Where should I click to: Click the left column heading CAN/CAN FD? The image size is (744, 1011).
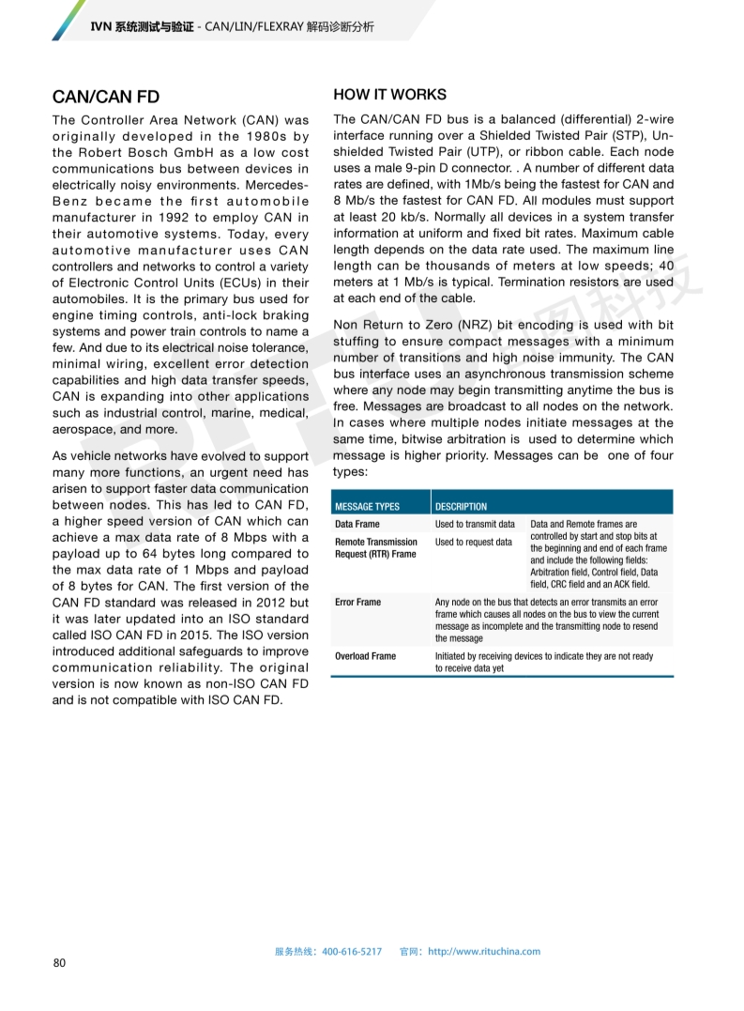pyautogui.click(x=106, y=97)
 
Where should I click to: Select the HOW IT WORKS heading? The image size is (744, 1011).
pyautogui.click(x=390, y=95)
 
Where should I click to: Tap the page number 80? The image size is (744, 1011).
pyautogui.click(x=59, y=963)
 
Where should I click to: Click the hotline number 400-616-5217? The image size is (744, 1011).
pyautogui.click(x=352, y=951)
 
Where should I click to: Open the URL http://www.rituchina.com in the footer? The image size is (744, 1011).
pyautogui.click(x=484, y=951)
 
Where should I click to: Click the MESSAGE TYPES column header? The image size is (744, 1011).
pyautogui.click(x=367, y=506)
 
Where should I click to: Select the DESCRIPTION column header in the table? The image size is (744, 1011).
pyautogui.click(x=461, y=506)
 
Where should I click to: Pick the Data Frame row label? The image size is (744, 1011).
pyautogui.click(x=357, y=524)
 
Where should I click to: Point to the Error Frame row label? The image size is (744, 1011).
pyautogui.click(x=357, y=602)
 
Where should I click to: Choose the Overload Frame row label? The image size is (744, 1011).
pyautogui.click(x=365, y=656)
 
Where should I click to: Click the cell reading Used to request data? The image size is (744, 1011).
pyautogui.click(x=474, y=542)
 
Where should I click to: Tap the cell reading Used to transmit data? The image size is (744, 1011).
pyautogui.click(x=475, y=524)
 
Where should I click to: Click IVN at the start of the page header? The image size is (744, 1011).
pyautogui.click(x=100, y=27)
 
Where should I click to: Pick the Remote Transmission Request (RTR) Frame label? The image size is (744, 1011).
pyautogui.click(x=375, y=548)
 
